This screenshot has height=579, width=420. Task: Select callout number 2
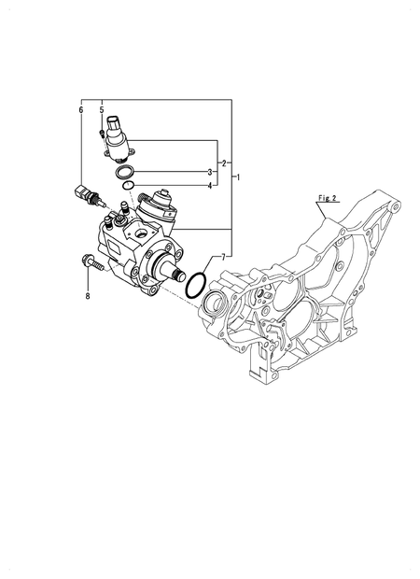[x=224, y=163]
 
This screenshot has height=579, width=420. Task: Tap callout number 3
[x=210, y=173]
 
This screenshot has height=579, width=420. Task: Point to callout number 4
[x=210, y=185]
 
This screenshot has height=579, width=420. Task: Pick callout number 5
[x=102, y=109]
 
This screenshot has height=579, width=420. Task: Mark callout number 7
[x=223, y=256]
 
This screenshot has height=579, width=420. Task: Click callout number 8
[x=88, y=297]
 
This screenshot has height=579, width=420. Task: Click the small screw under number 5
[x=101, y=133]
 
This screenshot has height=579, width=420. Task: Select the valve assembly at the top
[x=118, y=134]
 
